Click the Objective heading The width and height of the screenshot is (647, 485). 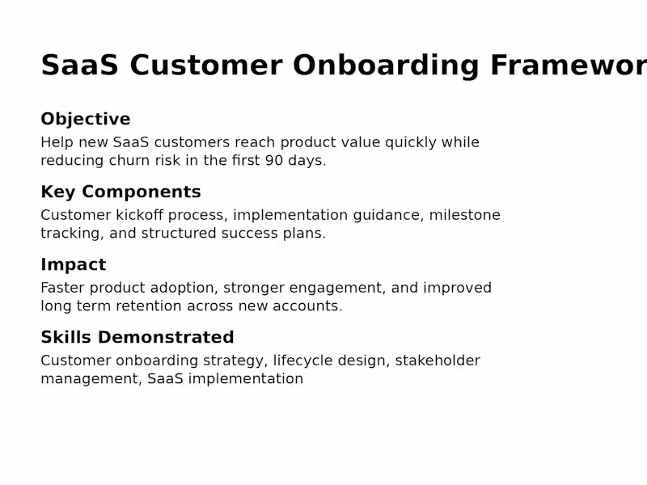[85, 120]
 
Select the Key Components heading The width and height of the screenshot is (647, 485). [121, 192]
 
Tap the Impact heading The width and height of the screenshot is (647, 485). [73, 265]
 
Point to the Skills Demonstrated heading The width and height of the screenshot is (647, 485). [137, 338]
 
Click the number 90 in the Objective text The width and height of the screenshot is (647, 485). [275, 161]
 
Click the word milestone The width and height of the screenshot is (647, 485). [464, 216]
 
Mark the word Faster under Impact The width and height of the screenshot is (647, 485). [62, 289]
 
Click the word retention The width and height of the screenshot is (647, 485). [151, 306]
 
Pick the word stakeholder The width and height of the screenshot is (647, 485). [438, 361]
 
